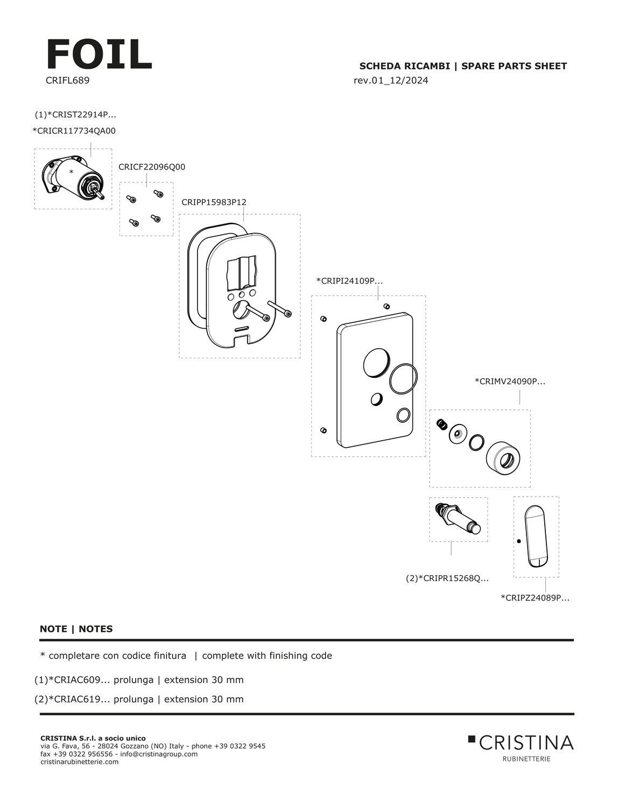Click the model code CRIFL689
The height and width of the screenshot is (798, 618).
pos(67,81)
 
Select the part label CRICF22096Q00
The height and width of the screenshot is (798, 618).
pos(152,167)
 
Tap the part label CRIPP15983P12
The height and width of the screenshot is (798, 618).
pos(214,202)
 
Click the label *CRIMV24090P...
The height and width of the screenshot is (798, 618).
pos(510,382)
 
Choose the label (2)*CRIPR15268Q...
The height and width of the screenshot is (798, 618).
pos(447,578)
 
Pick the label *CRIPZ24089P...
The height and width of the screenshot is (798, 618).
pos(535,597)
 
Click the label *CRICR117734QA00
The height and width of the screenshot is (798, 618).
pos(74,131)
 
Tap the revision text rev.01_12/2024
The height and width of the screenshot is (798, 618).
pos(391,81)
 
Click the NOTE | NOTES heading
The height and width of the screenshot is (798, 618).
pos(76,628)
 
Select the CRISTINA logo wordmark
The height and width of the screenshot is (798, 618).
pos(525,743)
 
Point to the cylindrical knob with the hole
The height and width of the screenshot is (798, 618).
pos(503,458)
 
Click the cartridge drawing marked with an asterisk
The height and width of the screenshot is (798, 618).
pos(74,178)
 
